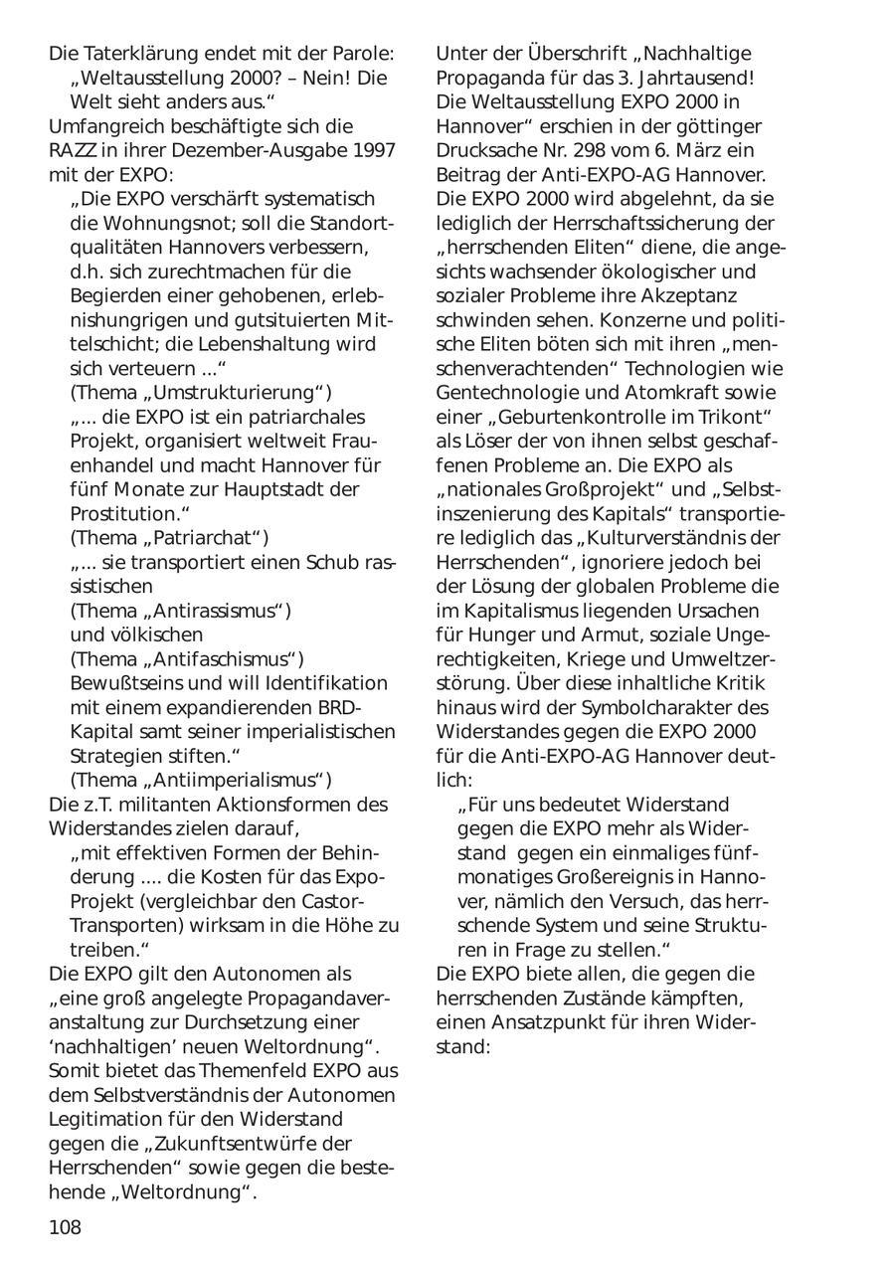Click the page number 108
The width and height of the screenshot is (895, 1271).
(x=65, y=1227)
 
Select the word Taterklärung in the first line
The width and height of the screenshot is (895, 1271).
(x=147, y=53)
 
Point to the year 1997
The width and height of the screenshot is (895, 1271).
(x=372, y=150)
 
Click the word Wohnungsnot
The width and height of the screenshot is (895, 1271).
(x=162, y=223)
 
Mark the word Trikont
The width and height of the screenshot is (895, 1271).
(x=729, y=417)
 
